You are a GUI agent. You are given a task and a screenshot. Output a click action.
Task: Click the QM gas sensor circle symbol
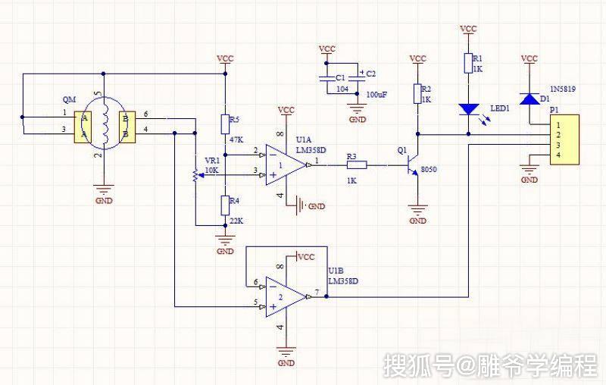coord(105,124)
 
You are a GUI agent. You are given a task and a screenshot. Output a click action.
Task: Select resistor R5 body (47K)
coord(225,124)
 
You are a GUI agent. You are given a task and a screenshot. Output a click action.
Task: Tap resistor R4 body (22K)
coord(225,205)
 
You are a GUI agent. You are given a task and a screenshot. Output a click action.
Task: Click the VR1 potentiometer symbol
coord(195,174)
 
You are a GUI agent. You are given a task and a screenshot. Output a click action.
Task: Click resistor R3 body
coord(357,164)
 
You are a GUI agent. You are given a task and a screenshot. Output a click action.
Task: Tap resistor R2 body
coord(417,93)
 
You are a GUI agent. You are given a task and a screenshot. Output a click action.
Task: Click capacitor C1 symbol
coord(327,77)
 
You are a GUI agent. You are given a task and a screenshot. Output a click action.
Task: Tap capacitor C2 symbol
coord(357,77)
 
